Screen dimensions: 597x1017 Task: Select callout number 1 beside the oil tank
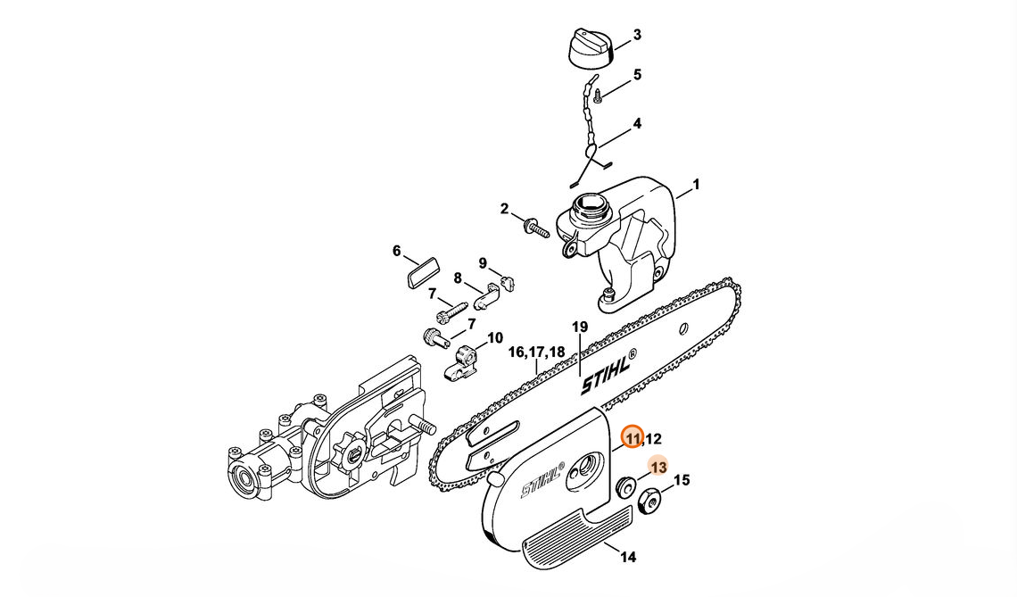(x=696, y=185)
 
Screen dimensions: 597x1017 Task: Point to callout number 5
(x=637, y=75)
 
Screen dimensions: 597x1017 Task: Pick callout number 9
(x=483, y=263)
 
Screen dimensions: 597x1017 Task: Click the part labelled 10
(x=462, y=358)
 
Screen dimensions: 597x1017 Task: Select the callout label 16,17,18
(x=536, y=352)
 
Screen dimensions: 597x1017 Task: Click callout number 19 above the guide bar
(x=580, y=328)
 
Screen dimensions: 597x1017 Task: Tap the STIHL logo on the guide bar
(x=609, y=373)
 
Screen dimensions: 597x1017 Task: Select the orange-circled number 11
(x=633, y=438)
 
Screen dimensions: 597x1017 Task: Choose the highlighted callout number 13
(x=658, y=467)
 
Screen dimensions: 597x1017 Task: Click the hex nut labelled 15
(x=648, y=502)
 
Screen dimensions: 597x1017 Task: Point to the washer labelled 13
(x=624, y=488)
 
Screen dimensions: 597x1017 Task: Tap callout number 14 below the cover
(x=628, y=558)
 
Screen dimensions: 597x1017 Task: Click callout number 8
(x=458, y=278)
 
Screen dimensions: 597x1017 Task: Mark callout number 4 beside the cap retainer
(x=637, y=124)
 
